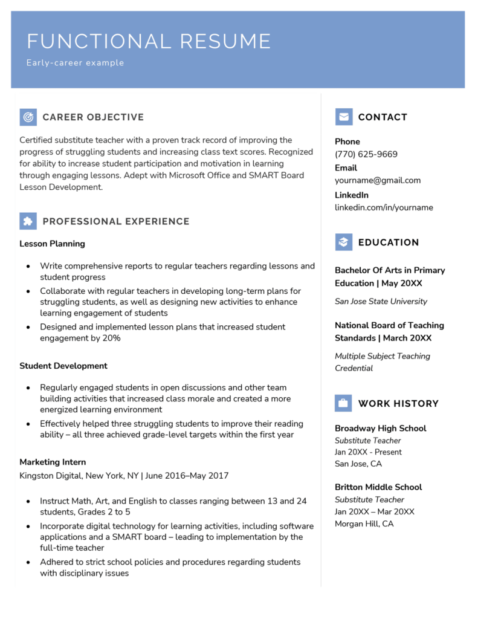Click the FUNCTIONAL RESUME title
(149, 41)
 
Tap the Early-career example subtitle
(75, 63)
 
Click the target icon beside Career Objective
(28, 117)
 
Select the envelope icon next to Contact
(344, 117)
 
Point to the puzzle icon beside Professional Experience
(28, 221)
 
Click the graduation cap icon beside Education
(344, 242)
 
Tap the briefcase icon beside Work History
(344, 403)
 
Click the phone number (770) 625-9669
(366, 154)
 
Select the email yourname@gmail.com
(378, 180)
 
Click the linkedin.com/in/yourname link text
(384, 207)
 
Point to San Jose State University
(381, 301)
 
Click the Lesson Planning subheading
(52, 244)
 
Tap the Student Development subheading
(63, 366)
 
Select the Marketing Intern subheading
(53, 462)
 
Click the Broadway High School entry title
(380, 428)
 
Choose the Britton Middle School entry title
(378, 487)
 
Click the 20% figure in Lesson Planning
(111, 338)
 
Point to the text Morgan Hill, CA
(364, 523)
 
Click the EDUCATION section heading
(388, 242)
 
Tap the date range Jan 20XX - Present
(368, 452)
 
